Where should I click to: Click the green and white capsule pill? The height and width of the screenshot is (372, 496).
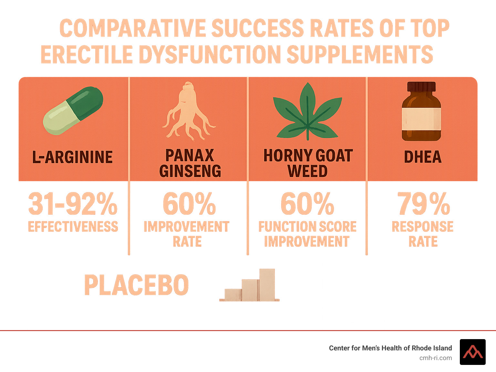[x=73, y=111]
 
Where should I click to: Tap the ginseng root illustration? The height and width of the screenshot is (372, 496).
[x=188, y=113]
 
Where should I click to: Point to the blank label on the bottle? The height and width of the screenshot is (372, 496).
[x=421, y=118]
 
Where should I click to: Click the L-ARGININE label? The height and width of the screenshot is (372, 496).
[x=73, y=157]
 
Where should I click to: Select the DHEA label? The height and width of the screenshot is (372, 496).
[x=422, y=157]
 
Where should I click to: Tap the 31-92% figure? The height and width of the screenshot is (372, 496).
[x=73, y=204]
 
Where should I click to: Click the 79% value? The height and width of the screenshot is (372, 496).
[x=423, y=204]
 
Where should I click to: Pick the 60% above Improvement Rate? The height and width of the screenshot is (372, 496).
[x=189, y=204]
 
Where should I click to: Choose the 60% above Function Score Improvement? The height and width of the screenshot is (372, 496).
[x=307, y=204]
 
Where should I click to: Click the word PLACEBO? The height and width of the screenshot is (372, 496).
[x=136, y=285]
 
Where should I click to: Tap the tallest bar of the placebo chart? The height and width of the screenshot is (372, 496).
[x=267, y=284]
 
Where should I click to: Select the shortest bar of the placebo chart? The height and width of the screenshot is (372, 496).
[x=233, y=294]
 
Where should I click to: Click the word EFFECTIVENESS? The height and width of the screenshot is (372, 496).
[x=73, y=227]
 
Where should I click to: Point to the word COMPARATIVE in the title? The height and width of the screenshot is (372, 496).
[x=133, y=28]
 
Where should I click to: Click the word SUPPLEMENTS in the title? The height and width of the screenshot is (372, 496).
[x=359, y=54]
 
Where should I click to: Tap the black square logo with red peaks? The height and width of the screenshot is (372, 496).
[x=472, y=352]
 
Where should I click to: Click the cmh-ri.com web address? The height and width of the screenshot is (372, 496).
[x=435, y=358]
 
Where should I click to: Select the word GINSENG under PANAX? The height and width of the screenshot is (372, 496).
[x=190, y=171]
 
